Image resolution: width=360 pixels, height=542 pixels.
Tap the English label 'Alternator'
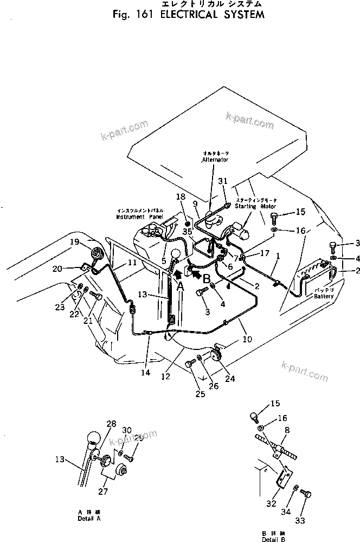click(x=215, y=160)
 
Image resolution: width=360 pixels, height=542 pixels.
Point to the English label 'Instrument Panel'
click(x=139, y=216)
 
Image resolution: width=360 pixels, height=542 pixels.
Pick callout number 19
click(x=74, y=241)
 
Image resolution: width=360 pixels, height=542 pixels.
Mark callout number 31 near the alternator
click(x=223, y=181)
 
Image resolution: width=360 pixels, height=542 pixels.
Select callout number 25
click(x=200, y=393)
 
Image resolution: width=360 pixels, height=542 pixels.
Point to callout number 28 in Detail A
click(x=111, y=423)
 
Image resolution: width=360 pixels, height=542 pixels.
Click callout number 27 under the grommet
click(x=102, y=492)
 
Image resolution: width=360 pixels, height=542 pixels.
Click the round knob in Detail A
click(x=94, y=438)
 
